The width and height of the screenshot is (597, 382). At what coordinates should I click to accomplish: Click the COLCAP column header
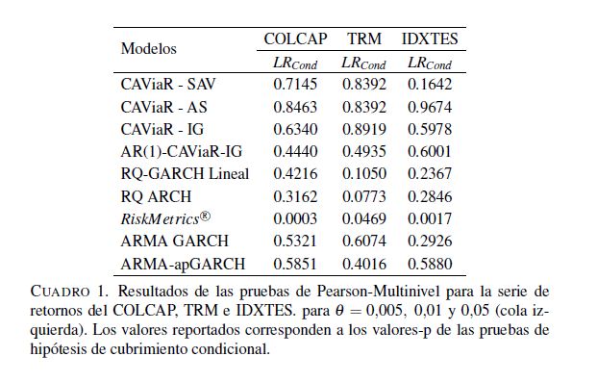point(295,38)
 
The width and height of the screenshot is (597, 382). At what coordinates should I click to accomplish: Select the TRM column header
point(364,38)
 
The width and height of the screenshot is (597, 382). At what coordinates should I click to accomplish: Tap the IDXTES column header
point(430,38)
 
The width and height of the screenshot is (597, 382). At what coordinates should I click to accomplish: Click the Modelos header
point(148,49)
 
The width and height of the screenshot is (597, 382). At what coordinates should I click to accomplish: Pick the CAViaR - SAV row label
point(168,85)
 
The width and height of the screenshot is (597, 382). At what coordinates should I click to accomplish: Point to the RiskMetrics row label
point(165,218)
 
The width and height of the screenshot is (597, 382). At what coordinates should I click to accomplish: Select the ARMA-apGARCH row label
point(183,264)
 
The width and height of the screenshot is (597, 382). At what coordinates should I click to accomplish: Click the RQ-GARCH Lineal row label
point(185,174)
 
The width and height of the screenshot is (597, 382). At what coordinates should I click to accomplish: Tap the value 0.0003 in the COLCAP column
point(295,218)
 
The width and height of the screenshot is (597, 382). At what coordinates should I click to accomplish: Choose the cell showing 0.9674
point(430,107)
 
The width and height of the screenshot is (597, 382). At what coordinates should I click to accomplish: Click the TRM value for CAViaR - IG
point(364,129)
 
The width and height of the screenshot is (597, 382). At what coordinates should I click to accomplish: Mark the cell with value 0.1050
point(364,174)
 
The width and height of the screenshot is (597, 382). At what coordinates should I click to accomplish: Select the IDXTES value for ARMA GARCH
point(430,241)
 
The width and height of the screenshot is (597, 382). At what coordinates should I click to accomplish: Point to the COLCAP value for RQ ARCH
point(295,196)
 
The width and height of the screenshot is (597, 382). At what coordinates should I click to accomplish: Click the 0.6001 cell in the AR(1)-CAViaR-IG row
point(430,151)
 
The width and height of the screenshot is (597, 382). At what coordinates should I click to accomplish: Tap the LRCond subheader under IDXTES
point(430,64)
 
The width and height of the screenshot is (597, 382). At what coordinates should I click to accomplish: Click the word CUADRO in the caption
point(61,292)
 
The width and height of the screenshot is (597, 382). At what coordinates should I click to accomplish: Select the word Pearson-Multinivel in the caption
point(378,292)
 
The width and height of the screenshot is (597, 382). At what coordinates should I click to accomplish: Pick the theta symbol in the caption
point(339,311)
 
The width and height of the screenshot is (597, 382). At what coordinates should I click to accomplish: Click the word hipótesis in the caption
point(58,349)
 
